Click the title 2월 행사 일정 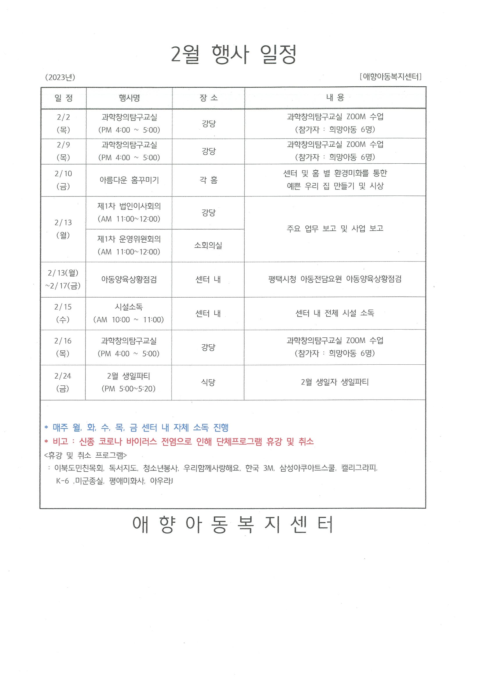click(x=234, y=55)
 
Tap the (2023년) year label click(x=60, y=77)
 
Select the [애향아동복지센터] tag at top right click(x=390, y=77)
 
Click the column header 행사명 click(x=129, y=98)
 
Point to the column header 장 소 click(x=208, y=98)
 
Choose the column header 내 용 click(x=335, y=98)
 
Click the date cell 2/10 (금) click(x=63, y=180)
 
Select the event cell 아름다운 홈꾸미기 click(x=129, y=180)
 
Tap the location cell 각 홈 click(x=208, y=180)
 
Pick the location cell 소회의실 click(x=208, y=245)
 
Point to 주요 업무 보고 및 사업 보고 click(x=335, y=228)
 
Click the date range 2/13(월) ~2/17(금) click(x=63, y=279)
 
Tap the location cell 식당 click(x=208, y=382)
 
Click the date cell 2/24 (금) click(x=63, y=382)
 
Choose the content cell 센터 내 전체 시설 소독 click(x=335, y=313)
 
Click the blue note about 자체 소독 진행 click(x=136, y=427)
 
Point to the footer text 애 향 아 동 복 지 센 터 click(x=233, y=524)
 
